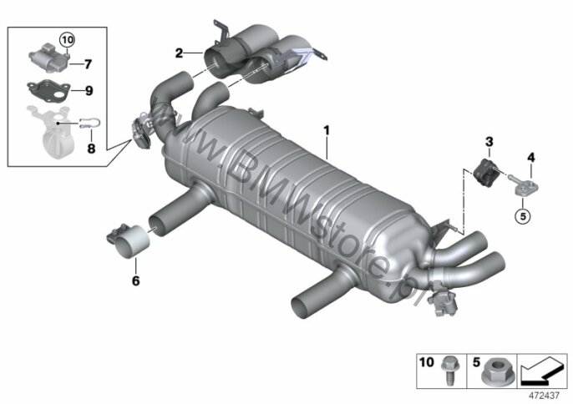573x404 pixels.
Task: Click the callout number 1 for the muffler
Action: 327,131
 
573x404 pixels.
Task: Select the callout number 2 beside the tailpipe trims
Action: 179,53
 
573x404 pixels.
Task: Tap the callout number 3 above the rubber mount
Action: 489,142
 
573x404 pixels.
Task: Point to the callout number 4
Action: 531,158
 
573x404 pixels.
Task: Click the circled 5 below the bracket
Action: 523,216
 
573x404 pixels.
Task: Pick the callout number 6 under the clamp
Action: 135,280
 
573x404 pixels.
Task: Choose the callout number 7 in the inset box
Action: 88,64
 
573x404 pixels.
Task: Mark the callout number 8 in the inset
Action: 91,149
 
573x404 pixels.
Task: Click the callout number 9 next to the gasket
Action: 89,91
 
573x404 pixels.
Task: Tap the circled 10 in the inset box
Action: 67,39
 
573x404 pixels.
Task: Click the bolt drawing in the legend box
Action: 448,370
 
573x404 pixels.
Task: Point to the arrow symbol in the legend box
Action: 542,370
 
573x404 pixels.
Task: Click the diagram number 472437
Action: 545,396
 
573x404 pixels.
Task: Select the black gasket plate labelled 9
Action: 48,90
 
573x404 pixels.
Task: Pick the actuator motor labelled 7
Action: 48,58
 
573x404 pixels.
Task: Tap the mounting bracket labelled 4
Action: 524,185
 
